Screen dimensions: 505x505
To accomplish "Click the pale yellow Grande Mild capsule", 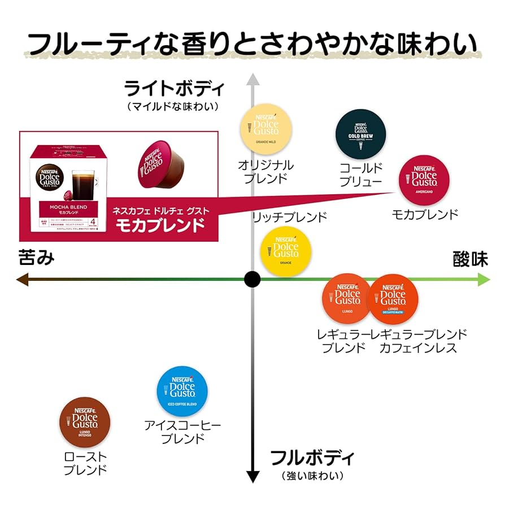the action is tap(265, 129).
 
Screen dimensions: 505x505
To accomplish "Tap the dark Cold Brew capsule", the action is tap(360, 134).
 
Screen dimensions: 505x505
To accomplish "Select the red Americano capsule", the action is tap(424, 180).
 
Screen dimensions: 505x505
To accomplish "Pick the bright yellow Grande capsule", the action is tap(286, 251).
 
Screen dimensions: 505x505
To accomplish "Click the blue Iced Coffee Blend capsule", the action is tap(182, 391).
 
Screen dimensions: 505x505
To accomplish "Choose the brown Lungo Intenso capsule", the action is tap(85, 422).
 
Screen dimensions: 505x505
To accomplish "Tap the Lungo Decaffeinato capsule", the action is tap(393, 299).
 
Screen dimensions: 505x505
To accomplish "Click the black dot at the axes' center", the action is tap(252, 279).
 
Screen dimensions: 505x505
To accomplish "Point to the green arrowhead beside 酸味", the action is tap(484, 279).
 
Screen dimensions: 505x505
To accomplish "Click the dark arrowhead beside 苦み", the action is tap(21, 279).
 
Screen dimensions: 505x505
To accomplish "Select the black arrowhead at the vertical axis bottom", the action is tap(252, 476).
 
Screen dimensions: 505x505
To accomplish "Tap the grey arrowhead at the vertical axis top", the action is tap(252, 80).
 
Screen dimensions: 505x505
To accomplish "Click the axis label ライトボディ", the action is tap(173, 89).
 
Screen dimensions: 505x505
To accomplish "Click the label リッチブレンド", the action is tap(289, 217).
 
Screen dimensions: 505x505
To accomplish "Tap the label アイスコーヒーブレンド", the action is tap(182, 432).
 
